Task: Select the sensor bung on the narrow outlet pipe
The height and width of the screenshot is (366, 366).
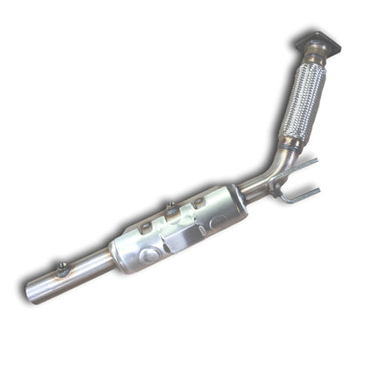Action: point(61,268)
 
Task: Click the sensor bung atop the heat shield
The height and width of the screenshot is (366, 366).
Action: point(170,210)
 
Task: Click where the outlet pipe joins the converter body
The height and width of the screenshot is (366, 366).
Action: point(112,258)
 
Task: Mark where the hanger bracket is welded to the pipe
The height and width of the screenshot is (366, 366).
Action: point(274,182)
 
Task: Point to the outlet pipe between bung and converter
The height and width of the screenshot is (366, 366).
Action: point(88,265)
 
